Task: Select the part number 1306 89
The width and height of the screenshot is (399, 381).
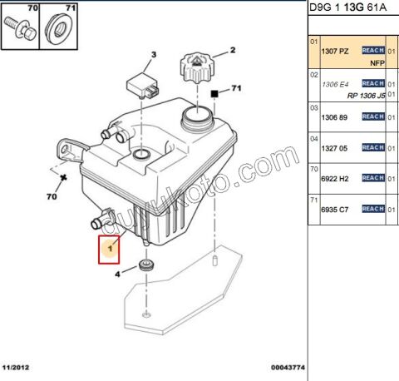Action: pyautogui.click(x=334, y=117)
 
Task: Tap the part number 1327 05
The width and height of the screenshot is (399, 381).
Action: pyautogui.click(x=334, y=148)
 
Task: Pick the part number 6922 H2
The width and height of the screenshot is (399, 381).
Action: pyautogui.click(x=334, y=178)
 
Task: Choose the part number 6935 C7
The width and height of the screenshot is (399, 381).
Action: pyautogui.click(x=334, y=210)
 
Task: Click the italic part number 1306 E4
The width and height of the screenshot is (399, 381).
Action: pyautogui.click(x=334, y=83)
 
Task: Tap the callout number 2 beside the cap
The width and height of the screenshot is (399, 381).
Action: pyautogui.click(x=233, y=51)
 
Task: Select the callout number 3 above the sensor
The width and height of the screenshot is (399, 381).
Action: pyautogui.click(x=152, y=56)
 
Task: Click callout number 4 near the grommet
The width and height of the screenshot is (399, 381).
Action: pyautogui.click(x=118, y=273)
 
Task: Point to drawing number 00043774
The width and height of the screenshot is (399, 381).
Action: pyautogui.click(x=288, y=365)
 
